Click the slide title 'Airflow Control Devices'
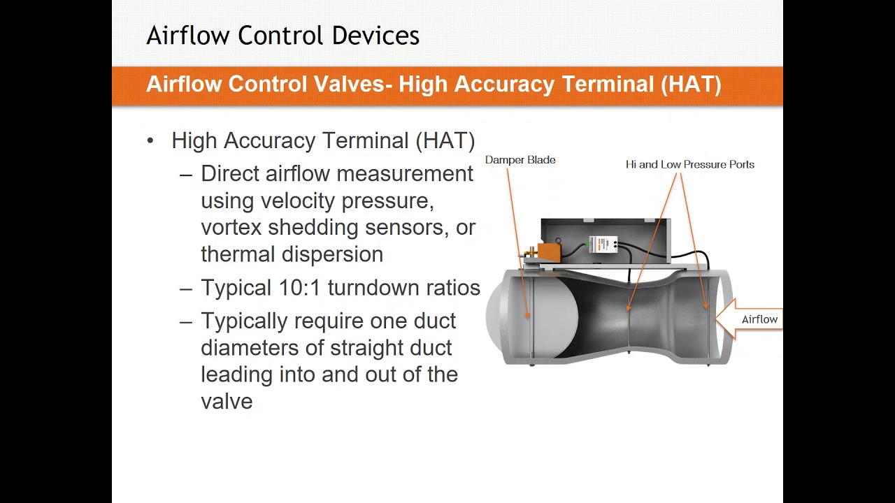282,36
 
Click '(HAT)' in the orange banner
690,85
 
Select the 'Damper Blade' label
520,160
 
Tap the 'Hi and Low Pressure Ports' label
689,165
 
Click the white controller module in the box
603,245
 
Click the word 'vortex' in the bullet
231,228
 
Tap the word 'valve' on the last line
227,402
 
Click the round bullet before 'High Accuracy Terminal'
150,141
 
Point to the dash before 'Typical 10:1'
185,288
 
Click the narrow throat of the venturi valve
629,318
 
